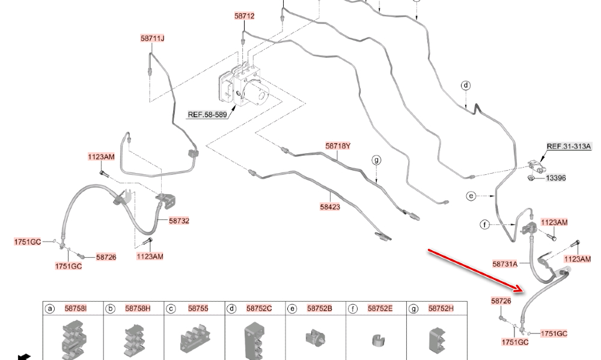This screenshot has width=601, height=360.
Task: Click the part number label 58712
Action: click(244, 16)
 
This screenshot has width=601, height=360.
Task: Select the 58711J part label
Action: click(153, 38)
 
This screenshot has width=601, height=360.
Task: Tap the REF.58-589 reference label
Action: click(207, 115)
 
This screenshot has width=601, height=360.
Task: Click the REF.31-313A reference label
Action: click(569, 146)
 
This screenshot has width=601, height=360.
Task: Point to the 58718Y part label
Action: click(338, 146)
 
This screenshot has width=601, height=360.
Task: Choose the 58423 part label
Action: click(330, 206)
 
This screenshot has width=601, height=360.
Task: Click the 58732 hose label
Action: click(178, 221)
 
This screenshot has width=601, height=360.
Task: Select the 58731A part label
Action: click(505, 263)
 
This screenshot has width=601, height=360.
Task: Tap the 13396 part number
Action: click(555, 178)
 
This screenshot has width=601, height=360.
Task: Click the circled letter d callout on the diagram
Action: click(466, 85)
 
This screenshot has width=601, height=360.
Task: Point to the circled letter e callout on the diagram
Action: click(471, 196)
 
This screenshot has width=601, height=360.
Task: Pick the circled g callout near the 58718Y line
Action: click(376, 160)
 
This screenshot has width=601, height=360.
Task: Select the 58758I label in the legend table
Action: click(76, 308)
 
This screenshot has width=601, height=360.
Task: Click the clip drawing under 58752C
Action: click(254, 340)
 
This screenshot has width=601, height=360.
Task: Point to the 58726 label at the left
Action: click(106, 257)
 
